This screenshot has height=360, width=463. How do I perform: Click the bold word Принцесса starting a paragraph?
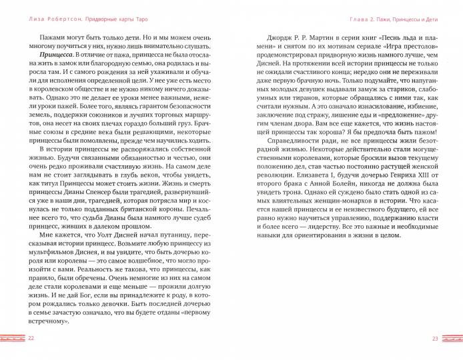(x=57, y=53)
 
